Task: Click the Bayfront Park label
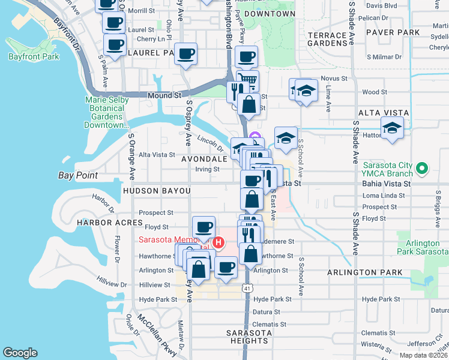(x=34, y=56)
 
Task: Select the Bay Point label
(x=78, y=176)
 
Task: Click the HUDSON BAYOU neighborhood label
(x=157, y=191)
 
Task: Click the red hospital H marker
(x=218, y=243)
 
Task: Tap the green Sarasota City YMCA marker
(x=422, y=169)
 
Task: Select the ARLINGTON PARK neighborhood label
(x=364, y=272)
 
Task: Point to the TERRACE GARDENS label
(x=327, y=40)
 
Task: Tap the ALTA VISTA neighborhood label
(x=383, y=113)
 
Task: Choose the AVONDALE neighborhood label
(x=205, y=159)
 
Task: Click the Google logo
(x=20, y=352)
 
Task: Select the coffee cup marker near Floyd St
(x=204, y=227)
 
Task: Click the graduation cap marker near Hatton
(x=392, y=128)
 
